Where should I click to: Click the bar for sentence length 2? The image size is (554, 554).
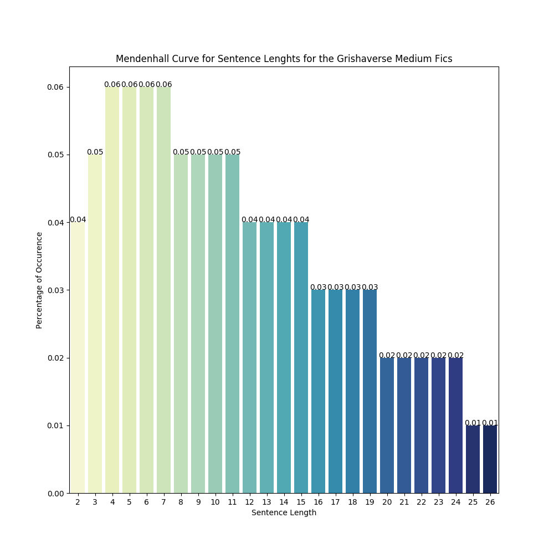click(x=78, y=357)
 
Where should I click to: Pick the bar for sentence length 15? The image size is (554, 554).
click(x=301, y=357)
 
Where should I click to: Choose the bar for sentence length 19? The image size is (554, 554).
click(x=370, y=391)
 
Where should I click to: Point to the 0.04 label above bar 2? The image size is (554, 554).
click(x=78, y=220)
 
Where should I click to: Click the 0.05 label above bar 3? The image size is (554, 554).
click(x=95, y=152)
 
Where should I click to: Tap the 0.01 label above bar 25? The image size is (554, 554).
click(x=473, y=423)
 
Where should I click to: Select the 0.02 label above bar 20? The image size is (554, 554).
click(x=387, y=356)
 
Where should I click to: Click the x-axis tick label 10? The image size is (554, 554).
click(x=215, y=502)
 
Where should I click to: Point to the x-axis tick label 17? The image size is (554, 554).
click(x=335, y=502)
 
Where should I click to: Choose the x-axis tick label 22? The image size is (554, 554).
click(x=421, y=502)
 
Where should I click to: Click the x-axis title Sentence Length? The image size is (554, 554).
click(x=284, y=513)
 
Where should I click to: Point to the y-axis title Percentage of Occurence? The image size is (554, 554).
click(x=39, y=280)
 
